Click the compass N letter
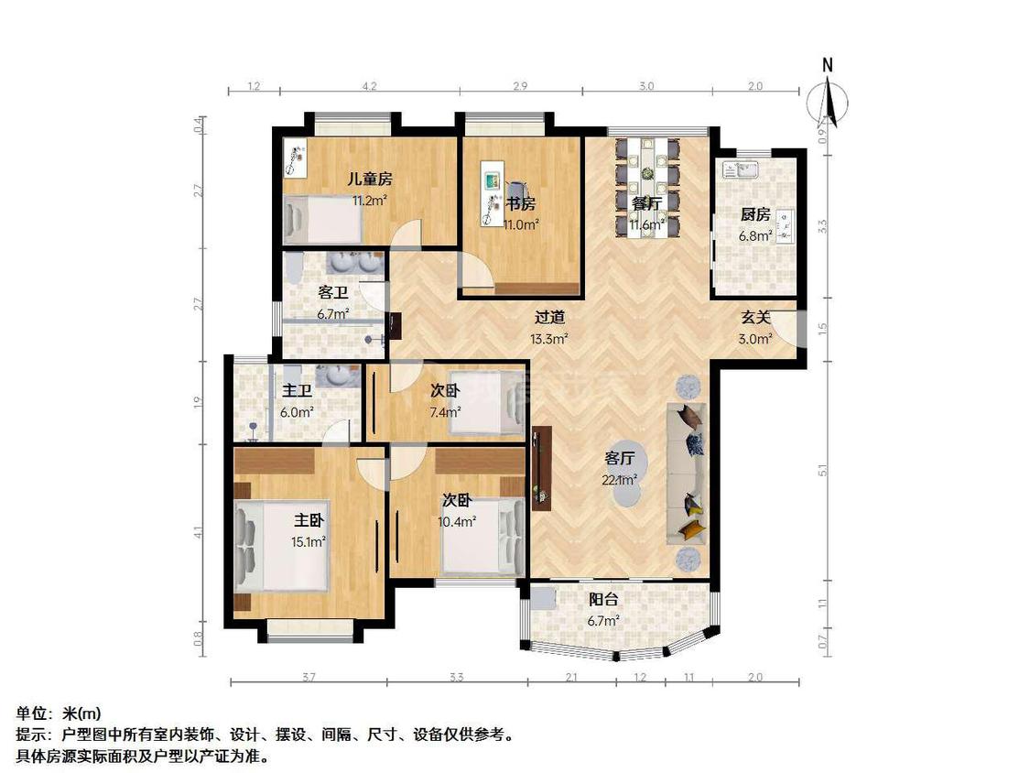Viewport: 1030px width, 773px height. [x=827, y=65]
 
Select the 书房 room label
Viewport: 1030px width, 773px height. [x=521, y=204]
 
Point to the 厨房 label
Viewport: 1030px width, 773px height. [x=755, y=216]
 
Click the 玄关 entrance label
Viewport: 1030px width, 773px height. [x=754, y=318]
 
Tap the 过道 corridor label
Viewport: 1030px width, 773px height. [x=549, y=319]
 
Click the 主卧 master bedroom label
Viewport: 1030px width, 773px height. [x=309, y=520]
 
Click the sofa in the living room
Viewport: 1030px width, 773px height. [x=687, y=473]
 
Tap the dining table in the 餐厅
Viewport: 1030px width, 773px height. [x=648, y=183]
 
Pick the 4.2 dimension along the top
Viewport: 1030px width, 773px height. [x=368, y=86]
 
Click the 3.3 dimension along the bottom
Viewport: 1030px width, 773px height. [x=457, y=678]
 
